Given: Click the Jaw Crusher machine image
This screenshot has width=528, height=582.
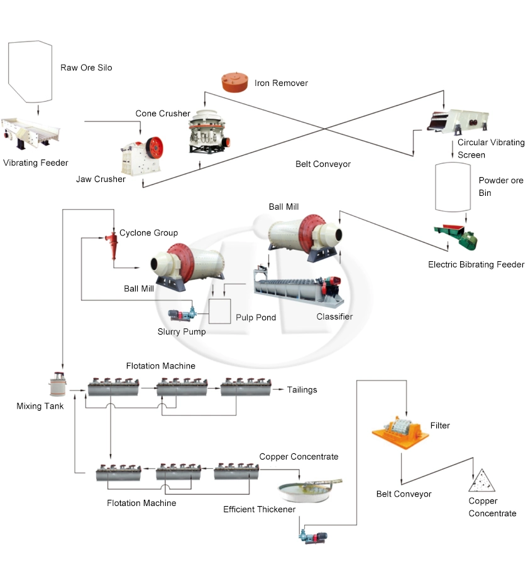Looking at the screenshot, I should (x=142, y=150).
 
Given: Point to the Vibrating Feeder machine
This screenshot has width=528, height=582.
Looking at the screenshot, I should (x=31, y=131).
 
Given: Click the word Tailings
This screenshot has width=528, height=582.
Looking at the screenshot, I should (x=302, y=390).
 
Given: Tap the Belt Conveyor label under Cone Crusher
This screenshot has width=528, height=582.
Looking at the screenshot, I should (x=323, y=164).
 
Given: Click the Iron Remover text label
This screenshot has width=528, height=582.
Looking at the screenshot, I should (x=281, y=83).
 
